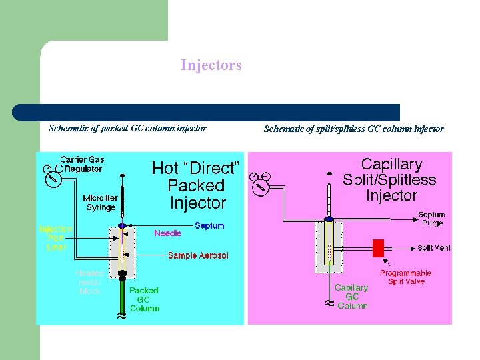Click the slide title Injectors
tap(211, 65)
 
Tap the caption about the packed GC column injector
tap(127, 128)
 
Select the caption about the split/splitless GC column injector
tap(353, 129)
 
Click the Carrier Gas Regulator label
tap(82, 164)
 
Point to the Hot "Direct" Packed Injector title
tap(196, 185)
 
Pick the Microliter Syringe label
tap(101, 202)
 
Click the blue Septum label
tap(209, 225)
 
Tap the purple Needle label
tap(167, 233)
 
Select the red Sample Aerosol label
tap(198, 255)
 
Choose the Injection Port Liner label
tap(56, 238)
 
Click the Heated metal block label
tap(89, 282)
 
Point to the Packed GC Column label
tap(144, 299)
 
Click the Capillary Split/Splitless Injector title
tap(391, 179)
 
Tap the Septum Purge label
tap(431, 219)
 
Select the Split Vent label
tap(434, 248)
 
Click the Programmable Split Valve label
tap(405, 277)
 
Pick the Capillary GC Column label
tap(352, 297)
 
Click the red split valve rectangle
tap(379, 248)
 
